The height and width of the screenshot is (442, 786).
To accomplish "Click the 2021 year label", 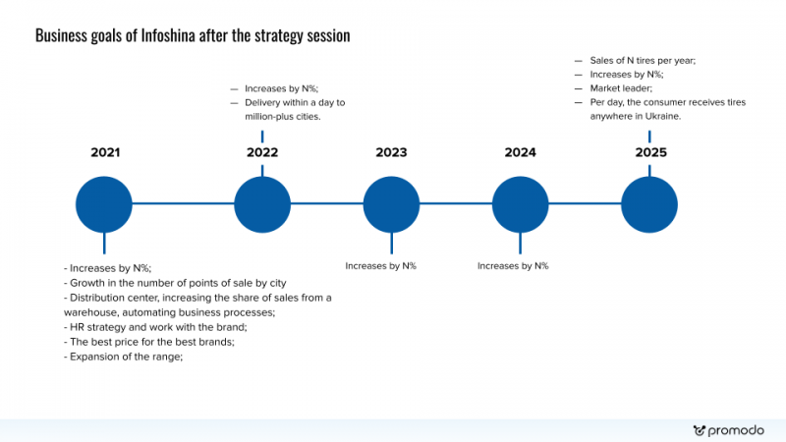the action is tap(105, 152).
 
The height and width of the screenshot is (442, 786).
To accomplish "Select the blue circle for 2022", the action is tap(262, 204).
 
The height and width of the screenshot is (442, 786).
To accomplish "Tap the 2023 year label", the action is tap(391, 152).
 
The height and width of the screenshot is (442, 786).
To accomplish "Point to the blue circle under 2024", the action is tap(521, 204).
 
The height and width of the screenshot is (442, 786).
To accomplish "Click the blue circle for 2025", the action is tap(649, 204).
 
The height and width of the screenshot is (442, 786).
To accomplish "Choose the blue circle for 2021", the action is tap(104, 204).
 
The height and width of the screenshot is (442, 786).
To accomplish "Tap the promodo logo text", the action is tap(736, 430).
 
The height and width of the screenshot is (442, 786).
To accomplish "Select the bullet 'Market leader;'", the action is tap(621, 88).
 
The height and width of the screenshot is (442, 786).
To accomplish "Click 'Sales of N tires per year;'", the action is tap(643, 61).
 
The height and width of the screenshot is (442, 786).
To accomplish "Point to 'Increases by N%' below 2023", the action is tap(380, 266).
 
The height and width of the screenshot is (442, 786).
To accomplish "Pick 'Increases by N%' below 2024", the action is tap(513, 266).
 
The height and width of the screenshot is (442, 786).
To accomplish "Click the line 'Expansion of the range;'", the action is tap(124, 357).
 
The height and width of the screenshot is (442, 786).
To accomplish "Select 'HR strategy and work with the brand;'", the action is tap(155, 327).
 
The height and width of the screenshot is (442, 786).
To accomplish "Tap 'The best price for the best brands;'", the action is tap(149, 342).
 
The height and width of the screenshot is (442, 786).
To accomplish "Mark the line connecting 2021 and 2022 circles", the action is tap(183, 203).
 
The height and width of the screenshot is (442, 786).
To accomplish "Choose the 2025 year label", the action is tap(651, 152).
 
